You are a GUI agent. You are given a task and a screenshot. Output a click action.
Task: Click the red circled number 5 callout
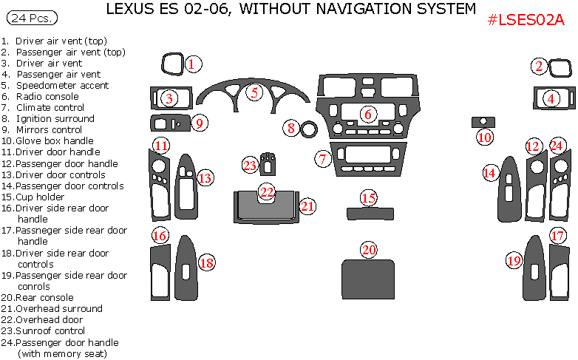255,93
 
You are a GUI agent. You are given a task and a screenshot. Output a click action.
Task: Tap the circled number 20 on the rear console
369,250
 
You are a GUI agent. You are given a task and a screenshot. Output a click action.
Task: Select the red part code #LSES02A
526,20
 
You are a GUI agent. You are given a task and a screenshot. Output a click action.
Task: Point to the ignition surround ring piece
308,129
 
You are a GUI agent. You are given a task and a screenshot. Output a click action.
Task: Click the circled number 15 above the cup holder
368,198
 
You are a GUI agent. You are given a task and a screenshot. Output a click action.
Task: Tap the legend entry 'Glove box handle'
52,140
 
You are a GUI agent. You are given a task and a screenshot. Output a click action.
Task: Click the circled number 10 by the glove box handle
484,137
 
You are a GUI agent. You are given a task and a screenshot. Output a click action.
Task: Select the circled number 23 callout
250,165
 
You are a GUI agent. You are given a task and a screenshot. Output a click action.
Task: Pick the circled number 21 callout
307,206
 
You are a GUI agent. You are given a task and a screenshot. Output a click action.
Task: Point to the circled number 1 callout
191,64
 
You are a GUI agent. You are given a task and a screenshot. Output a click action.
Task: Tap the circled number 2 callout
540,67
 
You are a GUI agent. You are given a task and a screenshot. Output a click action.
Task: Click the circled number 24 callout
557,146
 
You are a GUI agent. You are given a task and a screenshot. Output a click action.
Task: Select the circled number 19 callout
514,260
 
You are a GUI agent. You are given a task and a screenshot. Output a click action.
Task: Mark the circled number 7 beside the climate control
322,158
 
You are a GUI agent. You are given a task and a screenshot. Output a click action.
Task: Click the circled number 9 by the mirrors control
199,123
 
